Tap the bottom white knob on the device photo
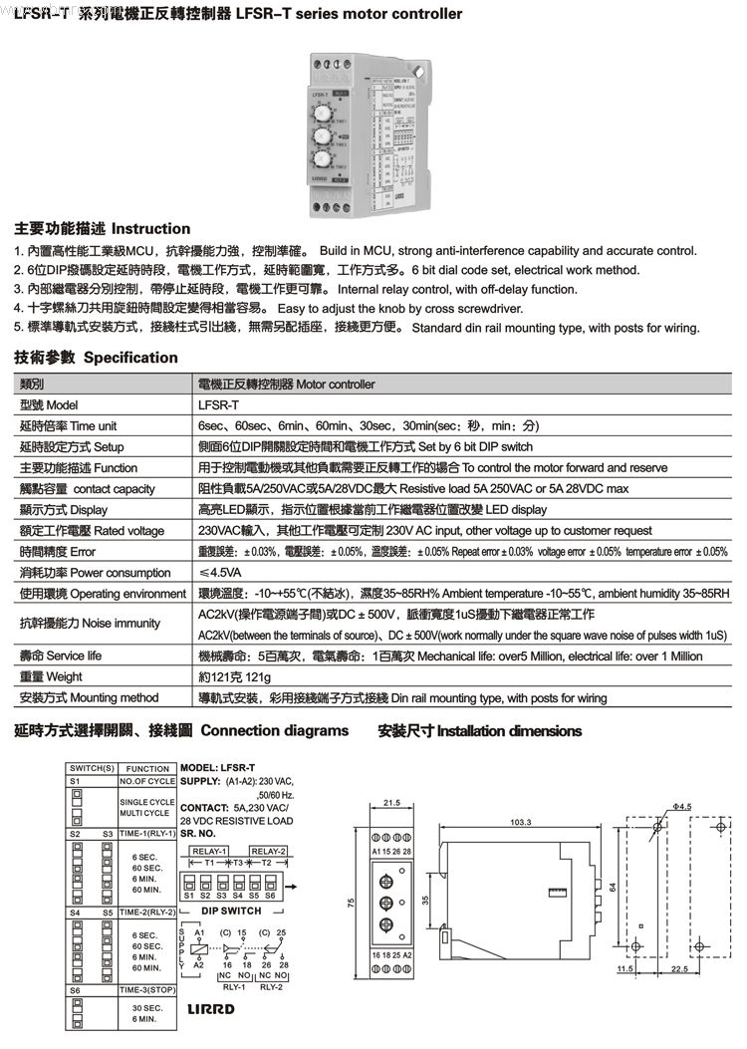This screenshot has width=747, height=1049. pos(323,160)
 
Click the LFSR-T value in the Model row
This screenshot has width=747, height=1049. pos(219,404)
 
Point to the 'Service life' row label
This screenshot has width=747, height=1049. pos(61,656)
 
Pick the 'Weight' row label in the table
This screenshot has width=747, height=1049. pos(51,677)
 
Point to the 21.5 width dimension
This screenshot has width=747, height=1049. pos(391,802)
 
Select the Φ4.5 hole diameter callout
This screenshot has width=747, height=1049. pos(681,807)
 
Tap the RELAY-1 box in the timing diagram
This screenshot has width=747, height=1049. pos(209,850)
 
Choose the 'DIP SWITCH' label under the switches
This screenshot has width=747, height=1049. pos(231,911)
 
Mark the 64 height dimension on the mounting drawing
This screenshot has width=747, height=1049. pos(616,886)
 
